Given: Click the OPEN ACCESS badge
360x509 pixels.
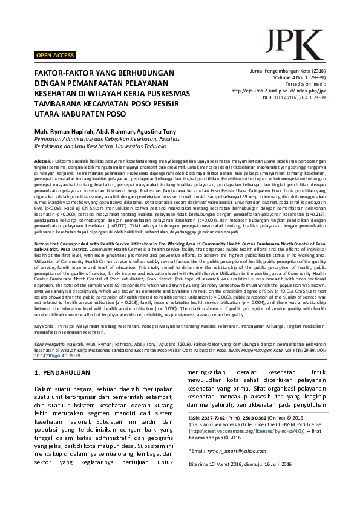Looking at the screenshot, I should coord(55,56).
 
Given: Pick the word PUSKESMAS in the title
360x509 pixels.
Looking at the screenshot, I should coord(164,93).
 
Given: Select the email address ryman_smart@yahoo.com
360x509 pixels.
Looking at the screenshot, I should coord(242,451).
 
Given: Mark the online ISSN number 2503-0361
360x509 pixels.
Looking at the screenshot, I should coord(250,418).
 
